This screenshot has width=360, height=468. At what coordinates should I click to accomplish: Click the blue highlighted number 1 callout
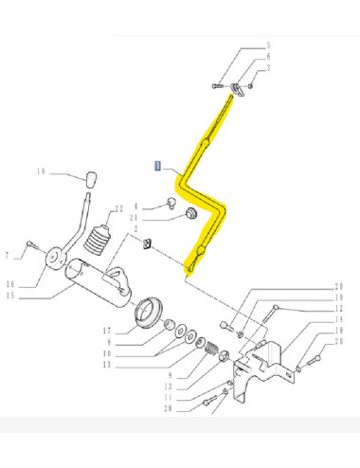tap(158, 165)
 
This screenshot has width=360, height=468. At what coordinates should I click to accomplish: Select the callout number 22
tap(118, 208)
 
